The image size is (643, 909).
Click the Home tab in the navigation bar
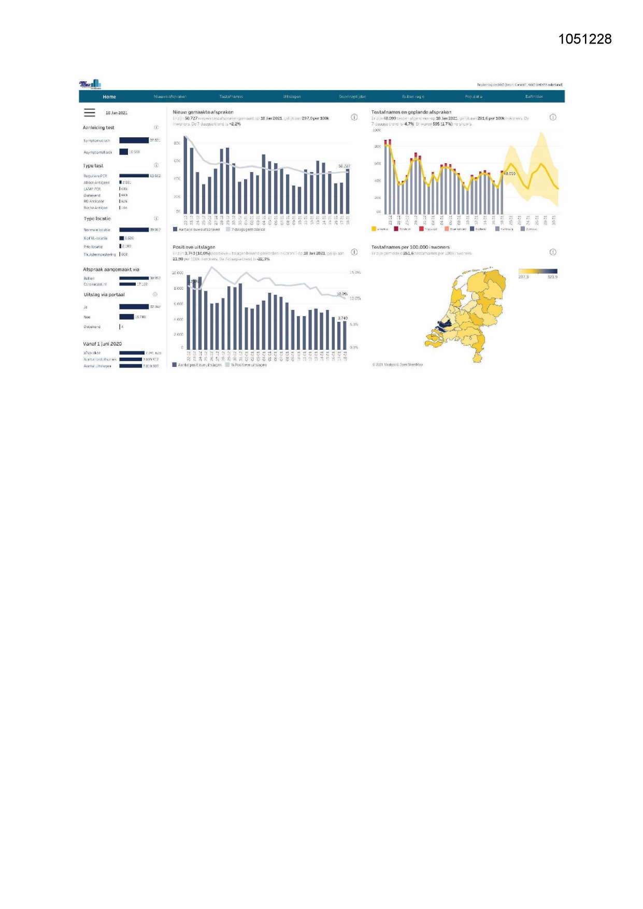[109, 97]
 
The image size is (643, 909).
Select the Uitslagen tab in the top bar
[292, 97]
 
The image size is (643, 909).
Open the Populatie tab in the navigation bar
[474, 97]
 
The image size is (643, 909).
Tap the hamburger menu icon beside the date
[90, 112]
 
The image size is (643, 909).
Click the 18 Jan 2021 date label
[117, 113]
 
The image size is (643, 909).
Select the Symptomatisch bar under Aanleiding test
[134, 140]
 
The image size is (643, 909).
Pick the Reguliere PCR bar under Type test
[134, 176]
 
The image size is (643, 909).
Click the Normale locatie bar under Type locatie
[134, 230]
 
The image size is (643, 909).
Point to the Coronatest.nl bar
[127, 284]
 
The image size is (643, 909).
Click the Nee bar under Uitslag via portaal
[126, 317]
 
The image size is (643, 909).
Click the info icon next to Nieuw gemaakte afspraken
[354, 117]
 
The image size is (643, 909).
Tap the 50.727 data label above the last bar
[344, 166]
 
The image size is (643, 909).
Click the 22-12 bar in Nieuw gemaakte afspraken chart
[185, 176]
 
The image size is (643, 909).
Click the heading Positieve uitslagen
[194, 247]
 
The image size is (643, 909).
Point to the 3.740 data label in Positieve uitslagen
[342, 318]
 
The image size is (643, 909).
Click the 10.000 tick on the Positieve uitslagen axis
[178, 273]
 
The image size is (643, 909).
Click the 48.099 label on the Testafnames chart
[509, 174]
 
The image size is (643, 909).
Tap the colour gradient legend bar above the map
[538, 271]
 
